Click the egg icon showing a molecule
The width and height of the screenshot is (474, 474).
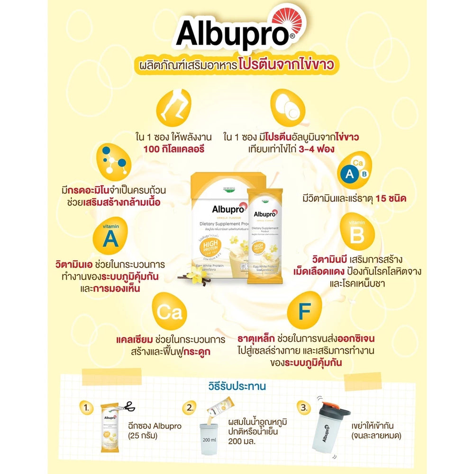coord(112,161)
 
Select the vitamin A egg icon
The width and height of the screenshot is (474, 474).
coord(110,236)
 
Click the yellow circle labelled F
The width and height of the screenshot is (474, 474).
coord(304,311)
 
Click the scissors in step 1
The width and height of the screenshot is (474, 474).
coord(125,407)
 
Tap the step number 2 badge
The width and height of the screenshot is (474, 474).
coord(190,407)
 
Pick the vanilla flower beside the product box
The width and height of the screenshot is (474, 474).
coord(196,273)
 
